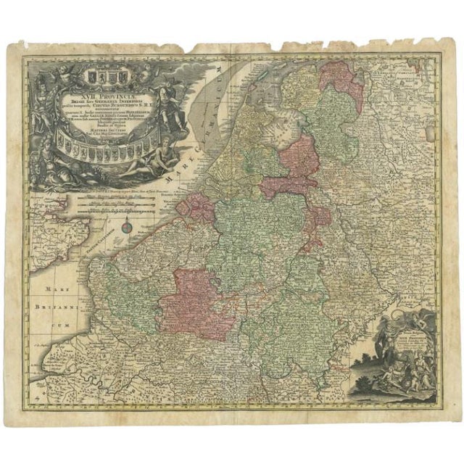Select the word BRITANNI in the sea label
pos(55,307)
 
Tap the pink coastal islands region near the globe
pos(192,207)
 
